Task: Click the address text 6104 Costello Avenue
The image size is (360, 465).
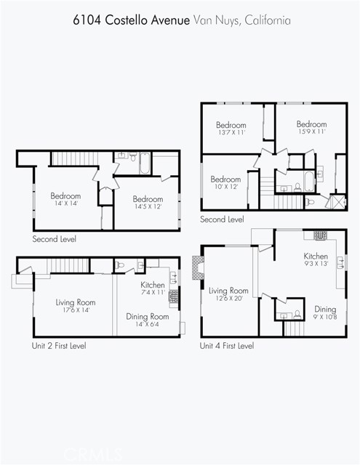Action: click(131, 20)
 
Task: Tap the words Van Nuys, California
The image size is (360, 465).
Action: click(242, 20)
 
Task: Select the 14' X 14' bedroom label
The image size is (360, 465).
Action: click(65, 199)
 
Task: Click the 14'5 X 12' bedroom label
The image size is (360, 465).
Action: click(148, 202)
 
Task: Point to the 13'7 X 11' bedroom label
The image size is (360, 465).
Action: click(231, 128)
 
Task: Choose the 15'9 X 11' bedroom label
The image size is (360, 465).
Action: click(311, 127)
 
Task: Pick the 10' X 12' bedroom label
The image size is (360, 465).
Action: click(226, 182)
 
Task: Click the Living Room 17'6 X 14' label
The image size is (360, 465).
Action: click(76, 306)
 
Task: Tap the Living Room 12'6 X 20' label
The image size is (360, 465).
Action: click(228, 294)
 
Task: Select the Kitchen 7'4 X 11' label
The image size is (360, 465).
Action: click(153, 288)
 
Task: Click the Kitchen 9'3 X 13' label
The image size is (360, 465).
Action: click(316, 259)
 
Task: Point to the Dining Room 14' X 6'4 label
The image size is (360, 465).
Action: click(148, 320)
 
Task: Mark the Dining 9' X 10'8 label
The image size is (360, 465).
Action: click(325, 312)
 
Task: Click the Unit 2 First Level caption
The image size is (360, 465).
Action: click(59, 346)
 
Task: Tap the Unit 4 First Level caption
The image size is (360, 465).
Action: click(227, 346)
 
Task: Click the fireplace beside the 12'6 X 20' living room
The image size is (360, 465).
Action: click(198, 268)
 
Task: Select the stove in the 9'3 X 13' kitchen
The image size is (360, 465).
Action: click(321, 235)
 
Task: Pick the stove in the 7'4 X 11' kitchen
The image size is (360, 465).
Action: click(174, 296)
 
